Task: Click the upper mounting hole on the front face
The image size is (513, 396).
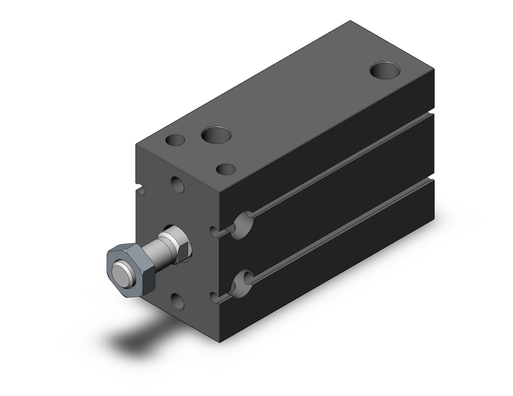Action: (177, 185)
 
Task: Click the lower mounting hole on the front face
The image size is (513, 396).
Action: (177, 302)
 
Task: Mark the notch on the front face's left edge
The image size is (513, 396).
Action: (140, 191)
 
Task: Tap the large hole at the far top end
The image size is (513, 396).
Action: (385, 70)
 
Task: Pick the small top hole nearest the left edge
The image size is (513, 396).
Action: (175, 140)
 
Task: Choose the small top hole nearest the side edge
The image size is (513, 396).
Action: (226, 169)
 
